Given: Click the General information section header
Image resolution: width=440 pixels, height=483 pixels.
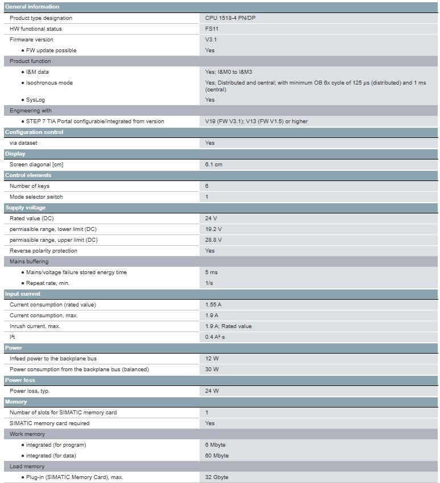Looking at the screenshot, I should point(32,7).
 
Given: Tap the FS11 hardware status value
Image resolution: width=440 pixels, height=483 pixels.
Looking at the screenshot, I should point(211,29).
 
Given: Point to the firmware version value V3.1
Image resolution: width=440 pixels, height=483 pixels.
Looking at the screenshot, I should point(211,40).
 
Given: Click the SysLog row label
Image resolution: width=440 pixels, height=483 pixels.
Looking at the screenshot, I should point(35,100).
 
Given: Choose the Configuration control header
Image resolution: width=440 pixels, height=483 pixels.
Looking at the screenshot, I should point(34,132).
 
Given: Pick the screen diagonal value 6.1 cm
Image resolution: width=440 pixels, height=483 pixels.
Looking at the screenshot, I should point(214,165).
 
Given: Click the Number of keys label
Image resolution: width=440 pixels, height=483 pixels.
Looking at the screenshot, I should point(30,186).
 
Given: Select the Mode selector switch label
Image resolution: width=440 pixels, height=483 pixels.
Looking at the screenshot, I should point(36,197).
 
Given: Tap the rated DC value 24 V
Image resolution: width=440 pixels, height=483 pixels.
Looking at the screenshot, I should point(211,219).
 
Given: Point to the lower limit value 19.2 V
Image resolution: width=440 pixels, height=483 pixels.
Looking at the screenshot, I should point(213,229).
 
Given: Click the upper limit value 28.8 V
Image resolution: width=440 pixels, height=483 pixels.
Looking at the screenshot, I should point(213,240).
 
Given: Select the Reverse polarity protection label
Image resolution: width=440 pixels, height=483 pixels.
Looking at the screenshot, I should point(43,251).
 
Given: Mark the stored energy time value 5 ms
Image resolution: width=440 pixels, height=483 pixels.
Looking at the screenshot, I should point(211,272).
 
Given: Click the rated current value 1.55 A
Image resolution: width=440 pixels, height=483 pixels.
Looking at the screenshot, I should point(213,305).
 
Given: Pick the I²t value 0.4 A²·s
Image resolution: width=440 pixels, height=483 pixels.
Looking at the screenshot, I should point(215,337).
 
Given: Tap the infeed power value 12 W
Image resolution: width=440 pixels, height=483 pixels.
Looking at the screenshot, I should point(211,359).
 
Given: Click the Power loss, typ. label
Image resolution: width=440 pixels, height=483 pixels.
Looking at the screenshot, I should point(34,391).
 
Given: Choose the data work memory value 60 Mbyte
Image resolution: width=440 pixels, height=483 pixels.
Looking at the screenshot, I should point(217,456).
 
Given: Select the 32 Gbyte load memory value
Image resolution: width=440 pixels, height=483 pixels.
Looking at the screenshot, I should point(217,477).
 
